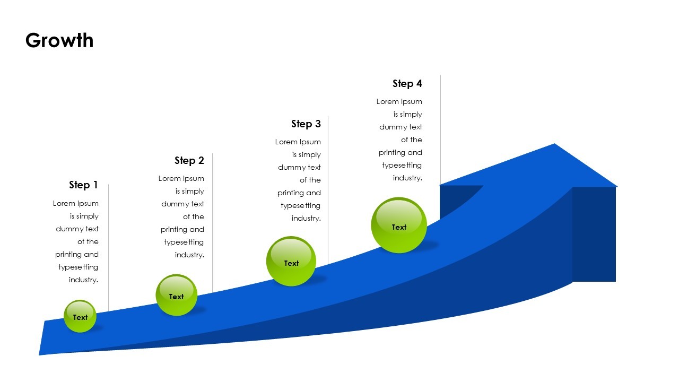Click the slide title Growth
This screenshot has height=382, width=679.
tap(59, 40)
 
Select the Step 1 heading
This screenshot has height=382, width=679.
tap(83, 185)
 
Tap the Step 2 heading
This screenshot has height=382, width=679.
tap(189, 160)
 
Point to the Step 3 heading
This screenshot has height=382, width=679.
tap(306, 124)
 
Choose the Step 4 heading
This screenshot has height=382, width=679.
tap(407, 83)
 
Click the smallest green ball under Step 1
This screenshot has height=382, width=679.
tap(80, 316)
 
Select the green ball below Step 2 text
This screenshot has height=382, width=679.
tap(176, 295)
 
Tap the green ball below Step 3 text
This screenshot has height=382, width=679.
tap(291, 262)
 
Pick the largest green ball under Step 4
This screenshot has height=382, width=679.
tap(399, 225)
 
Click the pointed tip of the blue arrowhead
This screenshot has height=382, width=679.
tap(554, 144)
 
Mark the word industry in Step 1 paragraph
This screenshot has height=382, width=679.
tap(83, 280)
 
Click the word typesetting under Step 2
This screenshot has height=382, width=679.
tap(184, 242)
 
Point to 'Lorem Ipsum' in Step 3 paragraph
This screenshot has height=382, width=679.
tap(298, 142)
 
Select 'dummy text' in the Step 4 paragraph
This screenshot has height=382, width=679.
tap(401, 127)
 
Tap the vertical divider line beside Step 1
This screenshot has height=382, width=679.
tap(109, 244)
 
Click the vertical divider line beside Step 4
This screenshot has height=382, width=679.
tap(440, 127)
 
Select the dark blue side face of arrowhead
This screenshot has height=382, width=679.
tap(594, 233)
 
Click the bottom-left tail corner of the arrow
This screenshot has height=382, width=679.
tap(40, 354)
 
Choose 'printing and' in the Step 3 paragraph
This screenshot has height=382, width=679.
tap(299, 193)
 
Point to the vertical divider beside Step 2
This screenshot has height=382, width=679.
tap(213, 223)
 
